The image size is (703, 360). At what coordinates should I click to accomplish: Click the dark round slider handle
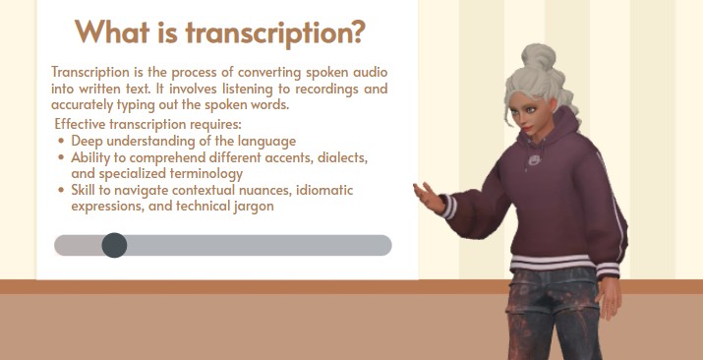click(114, 245)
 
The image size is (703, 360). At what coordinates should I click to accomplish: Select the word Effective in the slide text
click(84, 125)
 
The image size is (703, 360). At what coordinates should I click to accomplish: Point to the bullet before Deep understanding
click(62, 141)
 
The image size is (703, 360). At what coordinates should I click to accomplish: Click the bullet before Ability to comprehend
click(62, 157)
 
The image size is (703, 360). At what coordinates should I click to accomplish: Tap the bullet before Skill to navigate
click(62, 191)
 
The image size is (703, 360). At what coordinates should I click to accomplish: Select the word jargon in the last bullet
click(251, 208)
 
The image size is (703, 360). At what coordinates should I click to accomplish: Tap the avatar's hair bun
click(538, 57)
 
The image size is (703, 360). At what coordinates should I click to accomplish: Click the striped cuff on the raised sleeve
click(447, 206)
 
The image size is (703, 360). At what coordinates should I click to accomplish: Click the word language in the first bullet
click(264, 141)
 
